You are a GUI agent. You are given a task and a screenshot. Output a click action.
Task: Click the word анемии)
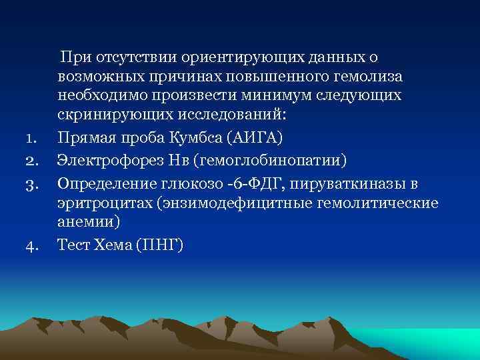point(83,223)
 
